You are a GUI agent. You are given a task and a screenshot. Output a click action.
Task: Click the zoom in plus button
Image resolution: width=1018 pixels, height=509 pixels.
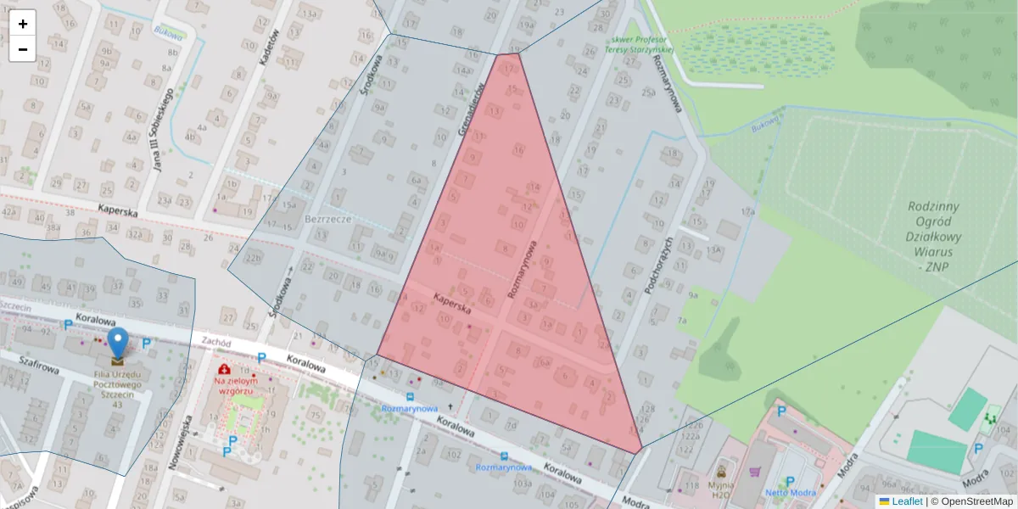click(x=23, y=24)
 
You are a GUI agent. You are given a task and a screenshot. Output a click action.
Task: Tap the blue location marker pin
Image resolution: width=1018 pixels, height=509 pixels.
click(x=118, y=344)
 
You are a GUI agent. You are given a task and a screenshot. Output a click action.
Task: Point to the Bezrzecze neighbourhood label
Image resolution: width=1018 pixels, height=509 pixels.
click(x=327, y=218)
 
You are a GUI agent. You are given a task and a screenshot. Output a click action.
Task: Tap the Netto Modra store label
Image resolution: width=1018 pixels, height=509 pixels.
click(x=791, y=492)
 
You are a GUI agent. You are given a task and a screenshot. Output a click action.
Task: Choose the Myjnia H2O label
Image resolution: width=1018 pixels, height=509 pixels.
click(x=720, y=489)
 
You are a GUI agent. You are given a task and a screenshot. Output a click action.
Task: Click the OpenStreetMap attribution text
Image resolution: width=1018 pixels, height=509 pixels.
click(x=976, y=501)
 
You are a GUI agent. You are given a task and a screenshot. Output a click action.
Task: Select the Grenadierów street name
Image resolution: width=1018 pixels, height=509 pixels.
click(x=472, y=110)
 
